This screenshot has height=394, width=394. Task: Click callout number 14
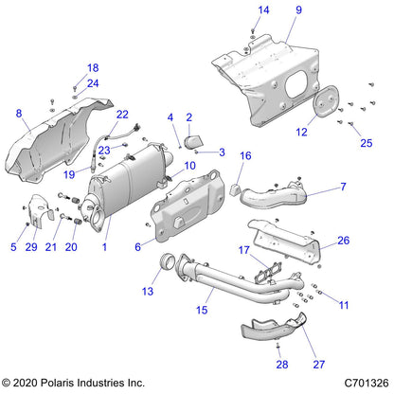point(237,10)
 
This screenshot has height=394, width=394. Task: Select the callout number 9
point(272,10)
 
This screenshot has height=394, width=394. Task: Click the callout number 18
point(93,67)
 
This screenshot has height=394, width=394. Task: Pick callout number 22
point(122,114)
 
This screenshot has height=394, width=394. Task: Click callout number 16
point(244,155)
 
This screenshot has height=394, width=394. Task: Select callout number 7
point(342,187)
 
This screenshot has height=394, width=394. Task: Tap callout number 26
point(344,241)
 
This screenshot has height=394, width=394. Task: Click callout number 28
point(281,364)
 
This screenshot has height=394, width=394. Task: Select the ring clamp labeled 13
point(174,262)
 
